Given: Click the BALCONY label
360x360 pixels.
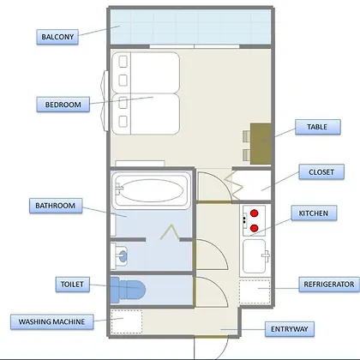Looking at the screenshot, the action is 57,37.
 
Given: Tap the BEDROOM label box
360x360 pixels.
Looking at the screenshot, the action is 63,105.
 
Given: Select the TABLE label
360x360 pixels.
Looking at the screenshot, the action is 318,127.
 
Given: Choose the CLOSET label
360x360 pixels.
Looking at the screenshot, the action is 321,172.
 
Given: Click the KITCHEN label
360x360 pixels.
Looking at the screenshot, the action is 314,213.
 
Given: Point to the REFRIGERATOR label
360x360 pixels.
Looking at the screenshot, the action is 329,285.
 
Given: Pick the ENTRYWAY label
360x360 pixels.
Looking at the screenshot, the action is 290,329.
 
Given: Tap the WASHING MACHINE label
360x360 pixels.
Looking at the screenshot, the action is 51,321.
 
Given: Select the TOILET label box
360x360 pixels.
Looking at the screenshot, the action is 72,285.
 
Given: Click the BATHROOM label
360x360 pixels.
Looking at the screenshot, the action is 56,206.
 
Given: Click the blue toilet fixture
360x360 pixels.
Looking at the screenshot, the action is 128,290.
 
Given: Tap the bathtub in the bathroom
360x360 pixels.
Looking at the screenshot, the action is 151,190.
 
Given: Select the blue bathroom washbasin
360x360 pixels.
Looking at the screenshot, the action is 122,256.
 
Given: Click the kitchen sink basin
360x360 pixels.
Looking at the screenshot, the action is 254,256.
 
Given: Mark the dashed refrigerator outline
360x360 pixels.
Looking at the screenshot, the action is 255,291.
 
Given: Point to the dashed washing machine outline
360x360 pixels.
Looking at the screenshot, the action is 127,321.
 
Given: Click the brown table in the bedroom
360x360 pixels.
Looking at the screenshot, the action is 261,144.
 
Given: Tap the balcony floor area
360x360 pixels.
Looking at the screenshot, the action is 190,27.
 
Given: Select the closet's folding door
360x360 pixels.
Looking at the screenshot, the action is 234,185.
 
